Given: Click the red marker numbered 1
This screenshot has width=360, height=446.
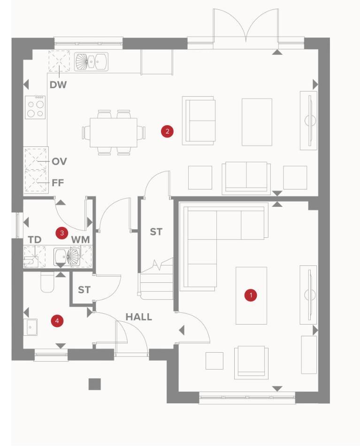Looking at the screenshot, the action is [251, 295].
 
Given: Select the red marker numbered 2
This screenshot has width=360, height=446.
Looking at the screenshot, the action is [167, 131].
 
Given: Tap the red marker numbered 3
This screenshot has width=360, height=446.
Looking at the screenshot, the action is [62, 233].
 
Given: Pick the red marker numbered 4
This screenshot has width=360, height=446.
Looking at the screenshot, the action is [57, 321].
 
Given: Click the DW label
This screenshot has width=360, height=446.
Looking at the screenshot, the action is [58, 85].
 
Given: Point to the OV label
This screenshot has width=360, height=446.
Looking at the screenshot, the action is [59, 161].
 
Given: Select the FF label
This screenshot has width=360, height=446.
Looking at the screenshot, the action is [58, 182].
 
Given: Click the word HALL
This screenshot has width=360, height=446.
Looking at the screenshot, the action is [139, 317].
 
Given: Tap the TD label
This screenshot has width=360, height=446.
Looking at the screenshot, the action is [35, 240].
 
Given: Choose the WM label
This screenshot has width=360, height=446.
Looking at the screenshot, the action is [80, 240].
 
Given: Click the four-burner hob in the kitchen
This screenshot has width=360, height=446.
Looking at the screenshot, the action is [35, 107].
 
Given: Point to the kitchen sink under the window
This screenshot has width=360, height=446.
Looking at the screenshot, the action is [91, 61].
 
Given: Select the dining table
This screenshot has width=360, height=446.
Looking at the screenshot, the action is [113, 133].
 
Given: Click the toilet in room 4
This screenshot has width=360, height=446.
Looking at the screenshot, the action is [47, 282].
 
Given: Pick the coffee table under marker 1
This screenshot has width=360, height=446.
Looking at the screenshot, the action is [251, 295].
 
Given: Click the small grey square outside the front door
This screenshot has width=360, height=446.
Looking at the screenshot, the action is [94, 384].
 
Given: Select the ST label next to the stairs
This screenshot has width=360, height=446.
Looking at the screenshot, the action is [156, 232].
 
